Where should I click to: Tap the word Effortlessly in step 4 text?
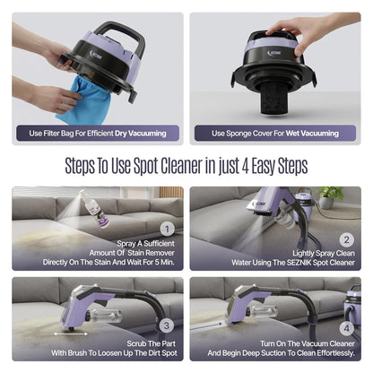pyautogui.click(x=314, y=356)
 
